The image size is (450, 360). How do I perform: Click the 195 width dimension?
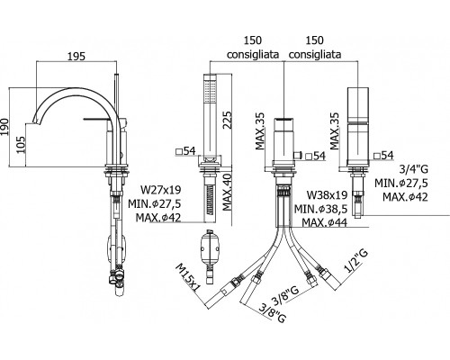(x=76, y=56)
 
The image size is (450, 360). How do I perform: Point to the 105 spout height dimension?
(x=21, y=145)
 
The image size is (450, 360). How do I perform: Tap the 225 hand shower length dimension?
(x=227, y=120)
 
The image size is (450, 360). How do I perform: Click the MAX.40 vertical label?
(x=227, y=192)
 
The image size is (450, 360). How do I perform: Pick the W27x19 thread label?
(x=161, y=190)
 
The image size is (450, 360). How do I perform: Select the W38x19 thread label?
(x=327, y=195)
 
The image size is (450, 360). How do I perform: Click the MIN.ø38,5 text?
(x=320, y=209)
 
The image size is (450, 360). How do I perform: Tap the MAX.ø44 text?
(x=325, y=222)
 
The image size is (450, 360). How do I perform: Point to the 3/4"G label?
(x=414, y=169)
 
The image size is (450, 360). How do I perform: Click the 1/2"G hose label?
(x=356, y=262)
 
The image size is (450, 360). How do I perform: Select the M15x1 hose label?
(x=188, y=277)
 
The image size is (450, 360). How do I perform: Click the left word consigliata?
(x=253, y=55)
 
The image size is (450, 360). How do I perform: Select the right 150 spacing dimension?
(x=315, y=40)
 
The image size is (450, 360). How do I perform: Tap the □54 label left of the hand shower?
(x=185, y=151)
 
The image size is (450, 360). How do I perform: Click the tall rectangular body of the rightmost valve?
(x=358, y=127)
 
